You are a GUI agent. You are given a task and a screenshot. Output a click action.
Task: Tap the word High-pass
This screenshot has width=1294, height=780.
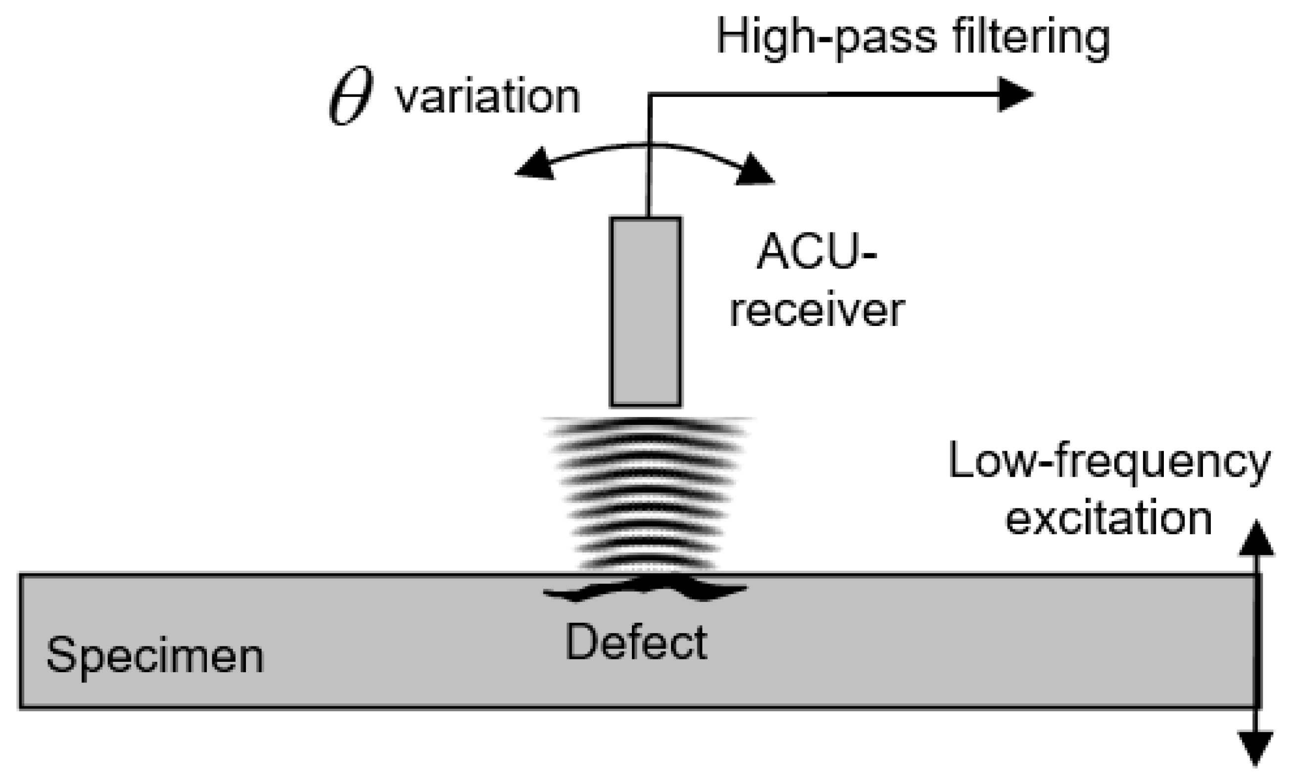pyautogui.click(x=826, y=39)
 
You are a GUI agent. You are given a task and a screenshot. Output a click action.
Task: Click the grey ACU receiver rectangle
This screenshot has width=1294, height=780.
pyautogui.click(x=645, y=312)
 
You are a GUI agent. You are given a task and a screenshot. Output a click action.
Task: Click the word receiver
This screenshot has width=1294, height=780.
pyautogui.click(x=817, y=311)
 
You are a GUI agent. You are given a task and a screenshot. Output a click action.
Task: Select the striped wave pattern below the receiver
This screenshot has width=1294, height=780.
pyautogui.click(x=646, y=494)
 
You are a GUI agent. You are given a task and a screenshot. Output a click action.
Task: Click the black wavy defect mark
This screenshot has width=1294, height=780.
pyautogui.click(x=645, y=589)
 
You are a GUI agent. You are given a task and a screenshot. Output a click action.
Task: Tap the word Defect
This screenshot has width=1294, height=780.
pyautogui.click(x=635, y=642)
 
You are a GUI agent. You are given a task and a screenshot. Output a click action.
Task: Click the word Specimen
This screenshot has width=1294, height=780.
pyautogui.click(x=155, y=656)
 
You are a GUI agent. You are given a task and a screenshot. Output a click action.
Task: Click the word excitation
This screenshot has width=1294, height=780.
pyautogui.click(x=1108, y=520)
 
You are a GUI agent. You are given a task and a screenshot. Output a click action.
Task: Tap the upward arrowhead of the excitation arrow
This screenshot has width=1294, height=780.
pyautogui.click(x=1256, y=540)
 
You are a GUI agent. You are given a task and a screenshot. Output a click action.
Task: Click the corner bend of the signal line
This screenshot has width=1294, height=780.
pyautogui.click(x=650, y=95)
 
